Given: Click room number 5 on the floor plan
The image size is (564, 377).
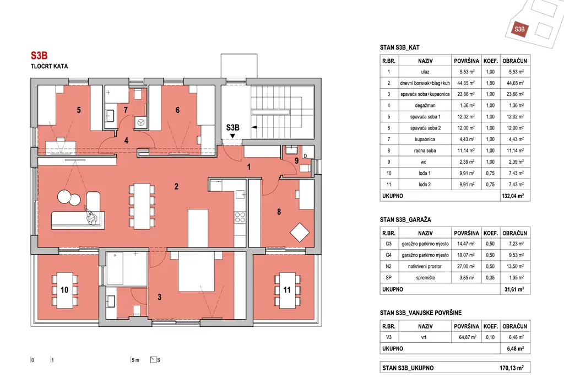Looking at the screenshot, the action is point(79,110).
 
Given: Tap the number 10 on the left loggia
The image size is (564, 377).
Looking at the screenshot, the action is point(64,290).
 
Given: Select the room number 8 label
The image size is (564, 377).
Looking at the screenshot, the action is point(279,212).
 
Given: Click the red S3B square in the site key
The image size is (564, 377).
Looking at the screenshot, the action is point(519,29).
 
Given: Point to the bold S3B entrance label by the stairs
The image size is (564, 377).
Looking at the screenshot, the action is point(233,127).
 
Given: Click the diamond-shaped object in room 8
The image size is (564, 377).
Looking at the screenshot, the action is point(300,232).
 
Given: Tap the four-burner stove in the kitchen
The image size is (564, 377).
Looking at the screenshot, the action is point(240,217).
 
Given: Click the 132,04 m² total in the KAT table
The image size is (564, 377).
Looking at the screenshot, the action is point(513,196).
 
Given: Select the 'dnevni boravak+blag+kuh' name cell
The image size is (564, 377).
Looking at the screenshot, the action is point(425,83).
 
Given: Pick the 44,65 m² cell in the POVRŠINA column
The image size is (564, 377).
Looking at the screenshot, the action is point(467,83).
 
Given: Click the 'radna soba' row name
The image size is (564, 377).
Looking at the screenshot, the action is point(425,150).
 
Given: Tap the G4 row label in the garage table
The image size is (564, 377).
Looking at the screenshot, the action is point(388,255).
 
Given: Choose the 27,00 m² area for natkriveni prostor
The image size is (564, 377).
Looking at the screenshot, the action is point(467,266).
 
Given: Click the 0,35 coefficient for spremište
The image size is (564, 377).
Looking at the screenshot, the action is point(490,278).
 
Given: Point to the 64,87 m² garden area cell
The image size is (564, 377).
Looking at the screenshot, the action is point(468,337).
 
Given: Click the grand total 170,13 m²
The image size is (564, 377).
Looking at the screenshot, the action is point(512,368).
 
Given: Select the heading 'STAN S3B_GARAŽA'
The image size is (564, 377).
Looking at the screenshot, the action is point(405,220).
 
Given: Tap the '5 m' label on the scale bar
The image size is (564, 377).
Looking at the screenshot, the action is point(135,360).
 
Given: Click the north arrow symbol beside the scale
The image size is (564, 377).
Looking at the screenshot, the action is point(154,360).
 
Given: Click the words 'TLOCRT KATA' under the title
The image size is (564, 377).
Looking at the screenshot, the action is point(49,66).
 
